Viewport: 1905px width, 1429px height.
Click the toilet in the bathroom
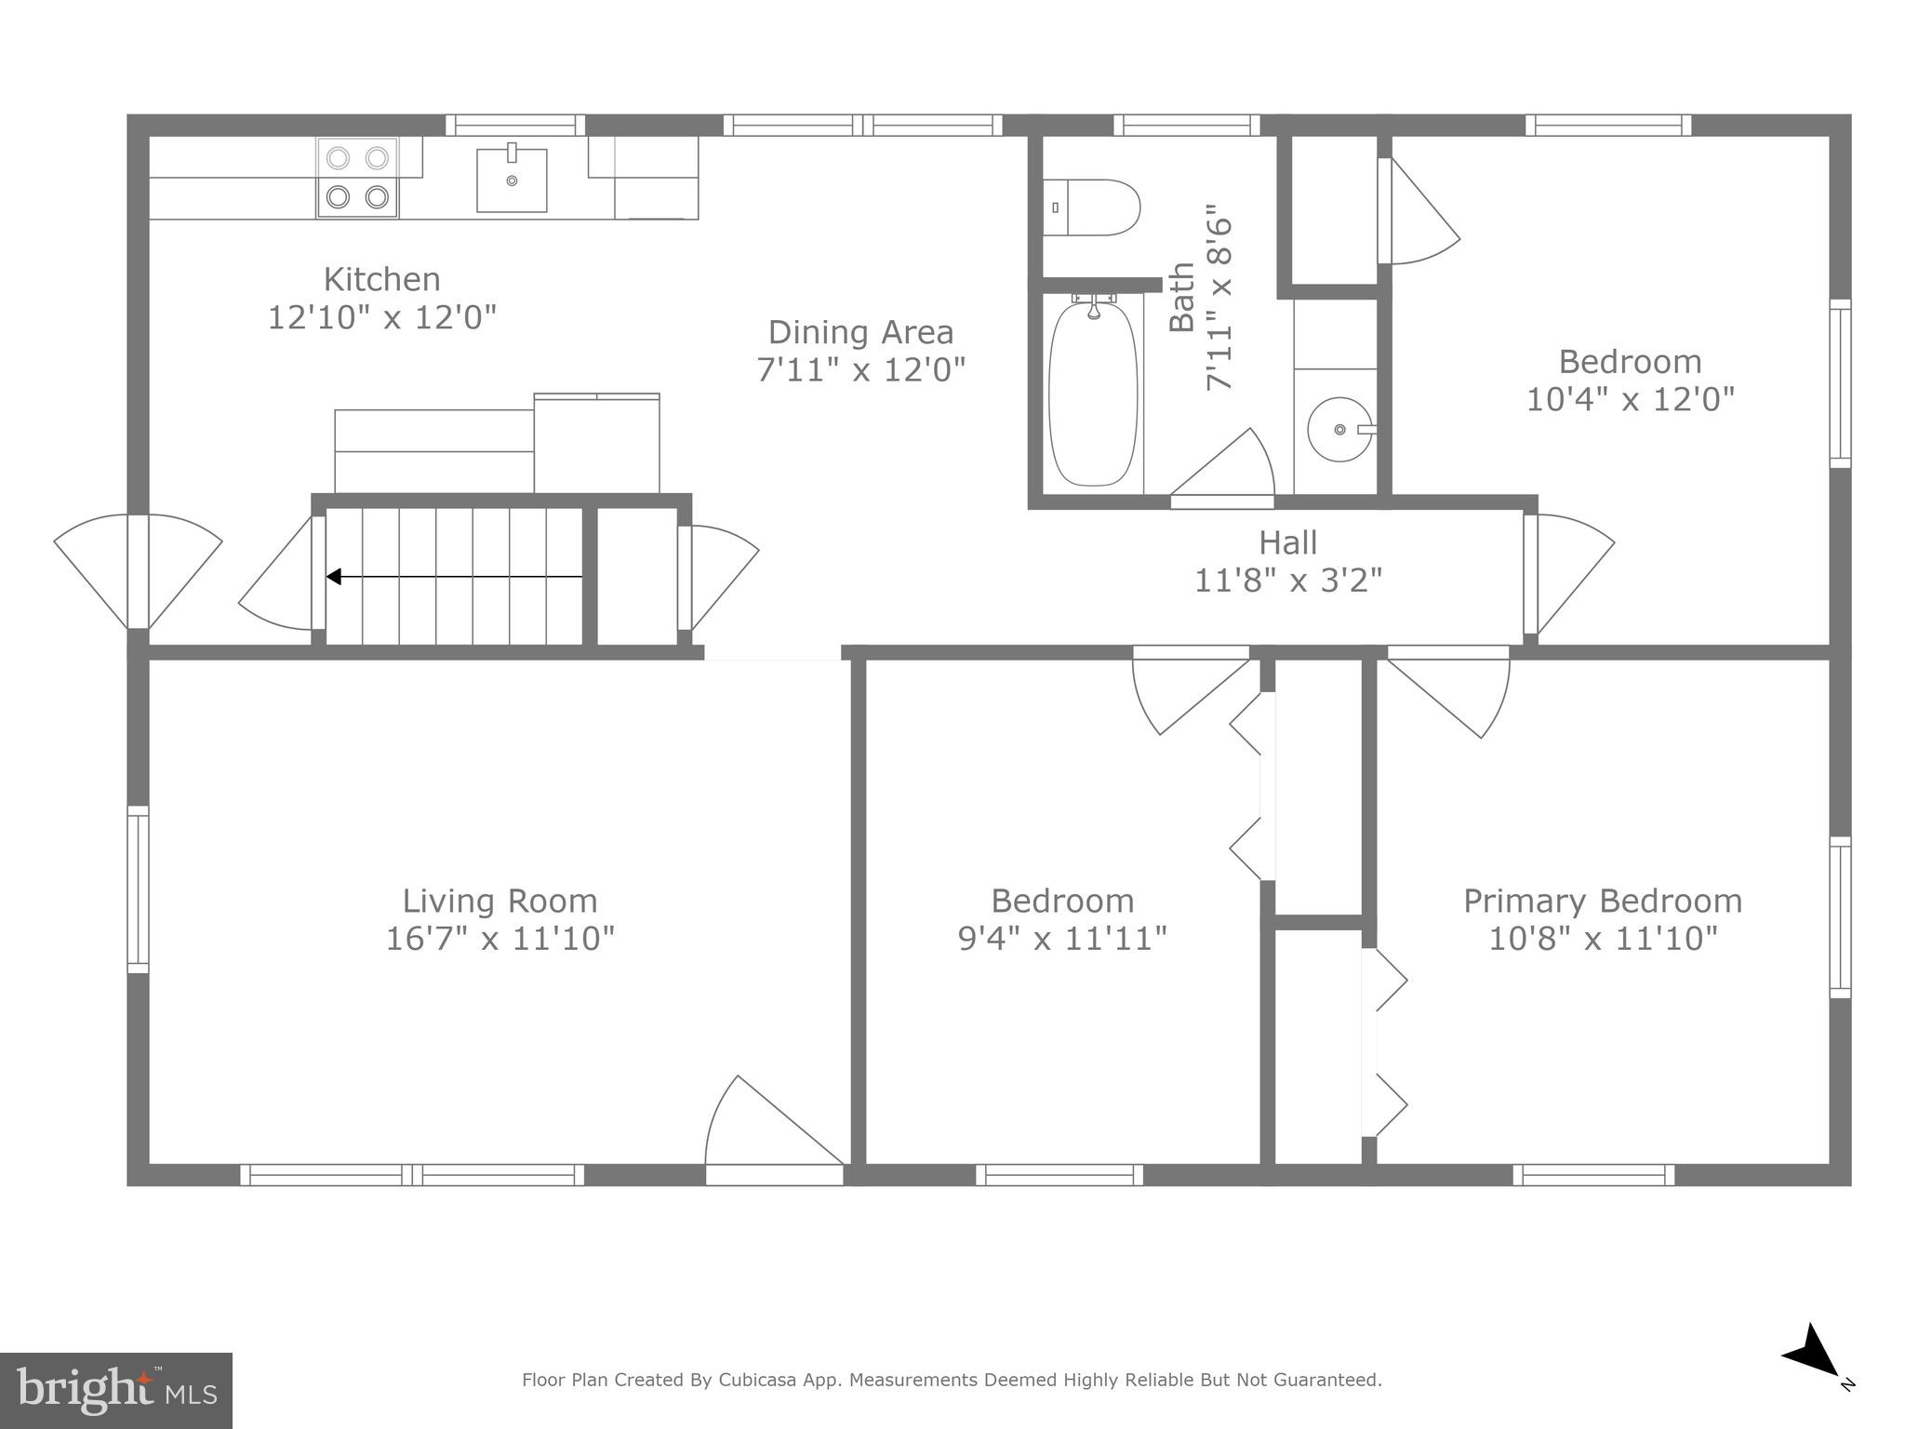[1092, 207]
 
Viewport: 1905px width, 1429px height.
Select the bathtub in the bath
[1093, 392]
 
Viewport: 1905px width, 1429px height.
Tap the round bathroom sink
[1339, 429]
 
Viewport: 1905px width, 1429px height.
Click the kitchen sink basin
[512, 180]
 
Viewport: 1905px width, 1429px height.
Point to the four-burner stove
[357, 178]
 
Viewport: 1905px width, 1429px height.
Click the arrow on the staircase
[334, 577]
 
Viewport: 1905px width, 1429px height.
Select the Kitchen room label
[381, 279]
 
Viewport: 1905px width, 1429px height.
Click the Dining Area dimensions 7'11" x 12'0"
[860, 370]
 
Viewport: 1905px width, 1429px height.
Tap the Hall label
[1287, 542]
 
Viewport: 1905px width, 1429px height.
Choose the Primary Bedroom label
[1602, 901]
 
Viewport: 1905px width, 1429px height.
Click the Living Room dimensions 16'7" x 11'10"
[500, 938]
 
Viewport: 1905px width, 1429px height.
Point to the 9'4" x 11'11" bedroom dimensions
[1062, 938]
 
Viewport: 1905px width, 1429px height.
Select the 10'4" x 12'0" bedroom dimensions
[1630, 399]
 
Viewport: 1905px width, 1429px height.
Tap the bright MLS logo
[115, 1391]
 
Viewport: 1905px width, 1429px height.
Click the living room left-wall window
[138, 889]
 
